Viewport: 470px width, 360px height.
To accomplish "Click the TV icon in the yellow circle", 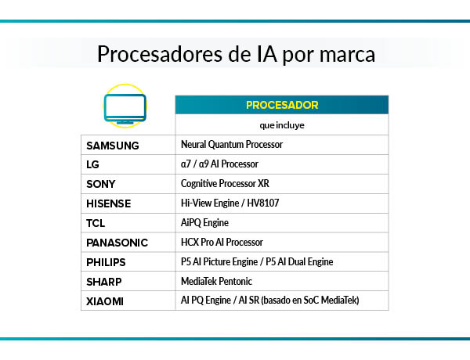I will [125, 107].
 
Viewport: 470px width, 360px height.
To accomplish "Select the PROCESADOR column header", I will [281, 105].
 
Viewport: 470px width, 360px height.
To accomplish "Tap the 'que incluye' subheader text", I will [281, 124].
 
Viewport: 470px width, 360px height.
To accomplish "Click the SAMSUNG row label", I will [113, 145].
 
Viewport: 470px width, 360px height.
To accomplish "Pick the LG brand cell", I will [93, 164].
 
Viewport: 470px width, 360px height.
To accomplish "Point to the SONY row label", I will [101, 184].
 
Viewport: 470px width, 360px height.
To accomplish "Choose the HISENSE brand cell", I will [108, 203].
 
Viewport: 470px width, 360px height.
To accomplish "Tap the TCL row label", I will [96, 223].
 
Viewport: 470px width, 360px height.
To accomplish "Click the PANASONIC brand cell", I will [117, 243].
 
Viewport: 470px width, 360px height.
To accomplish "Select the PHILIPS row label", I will [106, 262].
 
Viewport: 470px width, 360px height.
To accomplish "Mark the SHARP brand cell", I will [104, 281].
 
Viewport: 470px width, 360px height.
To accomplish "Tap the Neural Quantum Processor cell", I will [231, 145].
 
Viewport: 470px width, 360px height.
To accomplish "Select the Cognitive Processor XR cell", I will [230, 184].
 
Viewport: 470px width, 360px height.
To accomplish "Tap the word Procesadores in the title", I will [157, 55].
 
